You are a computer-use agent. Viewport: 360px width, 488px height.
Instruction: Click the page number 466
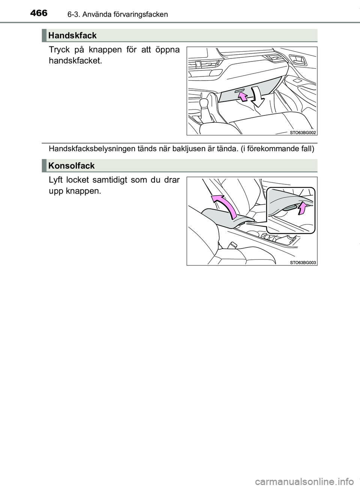click(x=39, y=13)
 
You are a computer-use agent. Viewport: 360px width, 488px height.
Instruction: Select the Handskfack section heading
click(x=72, y=36)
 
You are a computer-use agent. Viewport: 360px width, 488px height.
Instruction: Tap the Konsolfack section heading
click(x=72, y=166)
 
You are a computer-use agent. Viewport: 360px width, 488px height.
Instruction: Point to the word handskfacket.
click(x=75, y=61)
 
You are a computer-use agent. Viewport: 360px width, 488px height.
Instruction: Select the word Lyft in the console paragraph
click(x=55, y=180)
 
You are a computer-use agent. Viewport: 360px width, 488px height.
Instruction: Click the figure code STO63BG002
click(x=303, y=133)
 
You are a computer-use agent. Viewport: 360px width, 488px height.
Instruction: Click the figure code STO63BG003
click(x=303, y=263)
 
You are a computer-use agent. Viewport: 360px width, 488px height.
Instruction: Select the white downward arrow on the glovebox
click(x=257, y=97)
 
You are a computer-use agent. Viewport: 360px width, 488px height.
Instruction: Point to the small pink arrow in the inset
click(x=301, y=208)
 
